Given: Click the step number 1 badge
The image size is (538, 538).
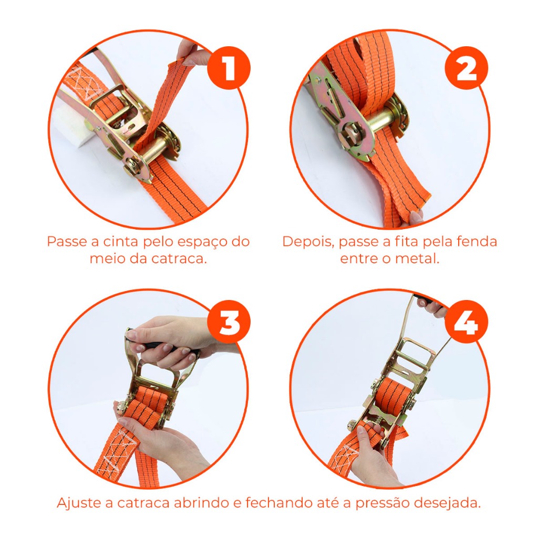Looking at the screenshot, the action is pos(229,68).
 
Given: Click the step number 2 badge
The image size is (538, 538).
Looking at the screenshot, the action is pos(467,68).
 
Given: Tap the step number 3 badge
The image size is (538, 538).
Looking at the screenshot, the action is pos(229,322).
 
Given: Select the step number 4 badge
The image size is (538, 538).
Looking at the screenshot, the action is pos(467,322).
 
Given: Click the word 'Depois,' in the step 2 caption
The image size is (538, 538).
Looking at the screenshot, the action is pos(308,242).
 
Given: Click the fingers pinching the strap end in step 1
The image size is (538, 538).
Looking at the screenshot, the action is pos(190,53).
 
